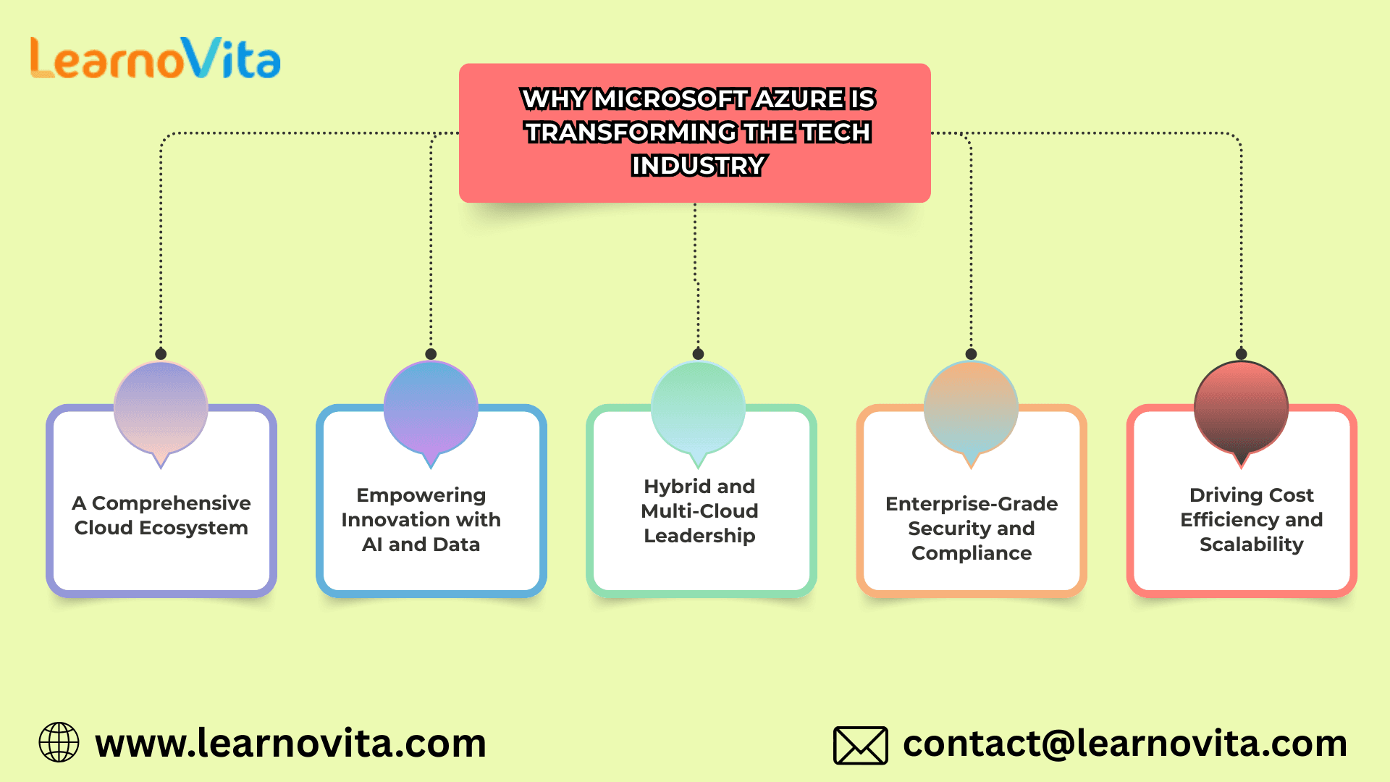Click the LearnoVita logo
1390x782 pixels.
click(x=155, y=58)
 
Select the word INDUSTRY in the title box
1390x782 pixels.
click(x=698, y=166)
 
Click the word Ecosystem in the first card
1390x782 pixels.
click(x=193, y=529)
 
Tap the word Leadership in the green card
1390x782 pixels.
click(x=699, y=537)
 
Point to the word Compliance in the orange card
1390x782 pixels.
click(x=972, y=554)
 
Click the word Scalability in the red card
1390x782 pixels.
click(x=1252, y=545)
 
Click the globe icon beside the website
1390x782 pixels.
click(x=59, y=742)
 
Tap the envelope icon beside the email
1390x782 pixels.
click(x=861, y=745)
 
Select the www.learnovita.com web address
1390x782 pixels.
click(x=290, y=744)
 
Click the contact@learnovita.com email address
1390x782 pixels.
click(x=1125, y=744)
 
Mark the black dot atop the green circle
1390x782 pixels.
click(x=698, y=354)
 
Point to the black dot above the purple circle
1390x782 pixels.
click(x=161, y=354)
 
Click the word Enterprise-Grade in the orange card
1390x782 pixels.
click(x=972, y=504)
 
